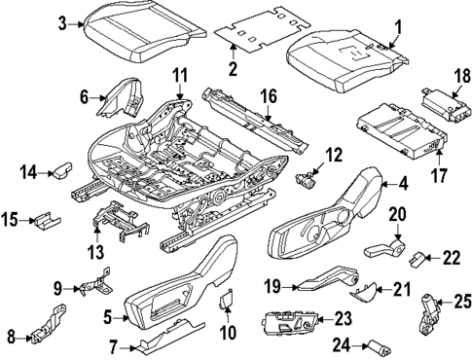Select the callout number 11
coord(179,76)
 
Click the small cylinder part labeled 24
coord(375,342)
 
